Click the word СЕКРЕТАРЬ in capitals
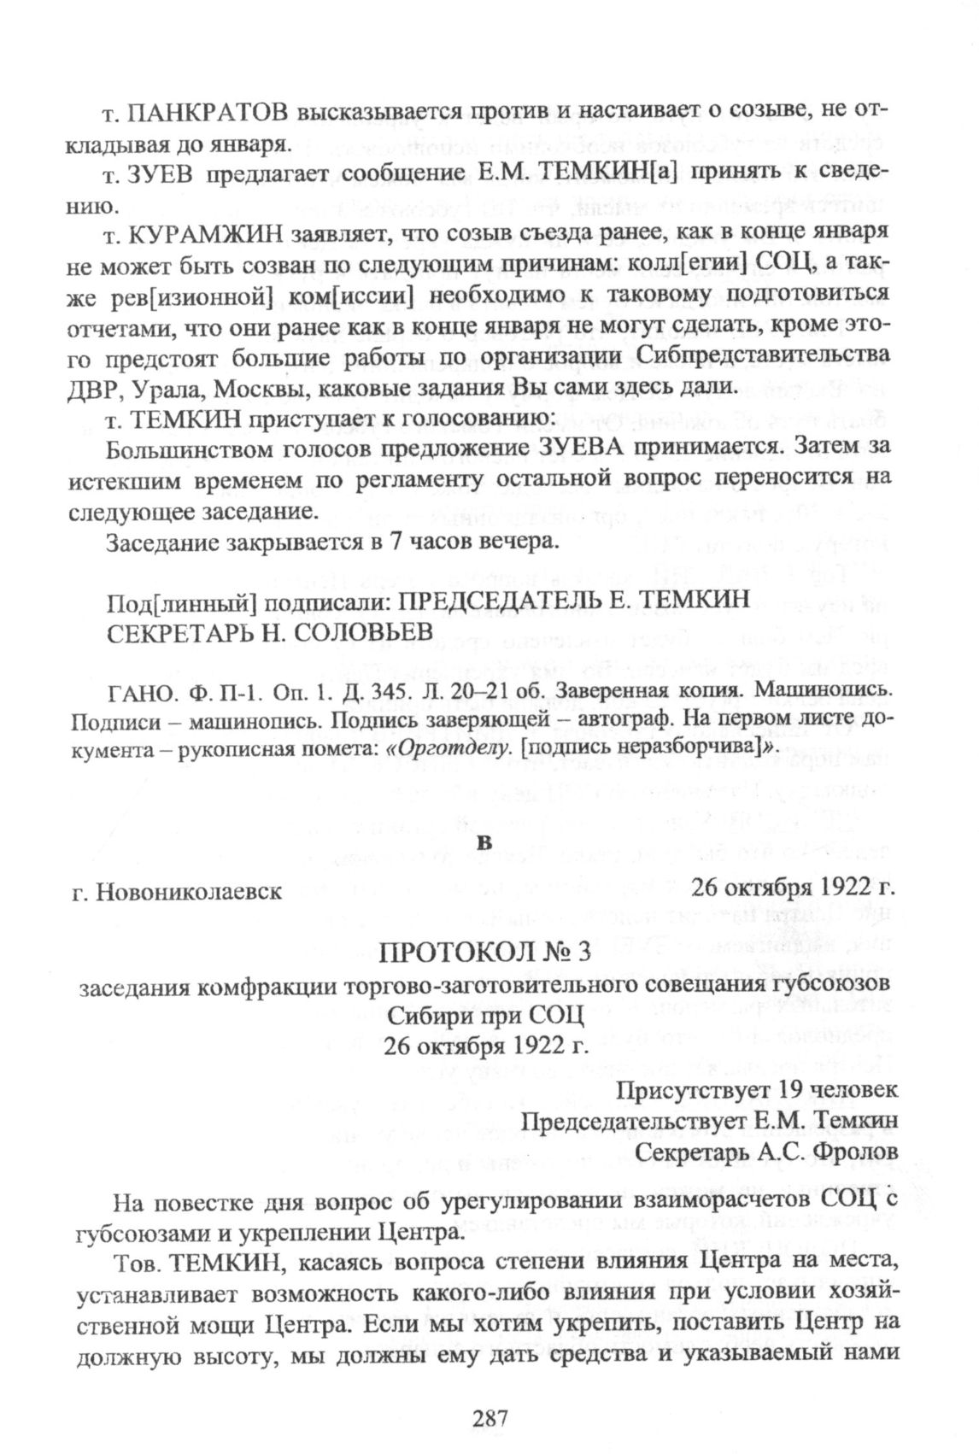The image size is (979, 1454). (177, 629)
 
